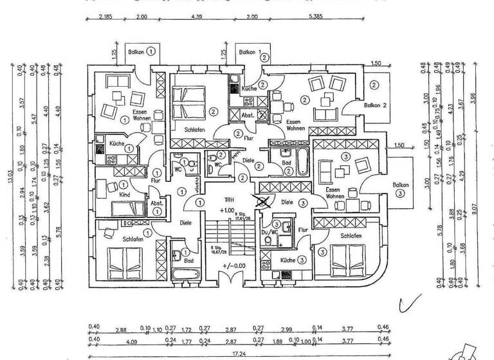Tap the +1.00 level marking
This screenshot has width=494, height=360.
click(227, 210)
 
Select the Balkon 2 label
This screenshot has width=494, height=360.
click(375, 105)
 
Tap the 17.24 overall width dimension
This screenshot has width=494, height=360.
click(238, 354)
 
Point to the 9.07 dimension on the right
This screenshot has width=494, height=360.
click(473, 208)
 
